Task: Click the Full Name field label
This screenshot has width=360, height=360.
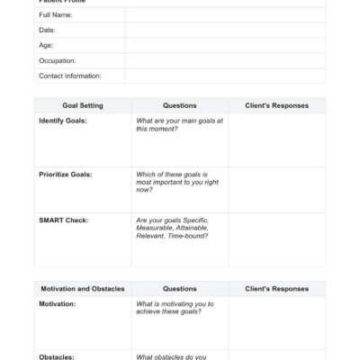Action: [56, 15]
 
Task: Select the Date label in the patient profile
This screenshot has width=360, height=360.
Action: [47, 30]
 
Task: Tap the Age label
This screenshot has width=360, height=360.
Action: [46, 45]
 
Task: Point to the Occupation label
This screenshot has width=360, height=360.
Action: [58, 60]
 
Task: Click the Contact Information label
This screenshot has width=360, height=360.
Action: [70, 76]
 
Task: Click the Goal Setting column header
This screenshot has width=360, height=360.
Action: [83, 105]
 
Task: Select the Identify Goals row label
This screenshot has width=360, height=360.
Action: [63, 121]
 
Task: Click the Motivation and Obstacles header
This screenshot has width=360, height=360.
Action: [83, 289]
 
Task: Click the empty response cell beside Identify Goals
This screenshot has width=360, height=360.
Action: [276, 139]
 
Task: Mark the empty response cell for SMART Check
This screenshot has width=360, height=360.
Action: [276, 238]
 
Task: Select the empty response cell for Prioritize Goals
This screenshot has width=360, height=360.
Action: [276, 189]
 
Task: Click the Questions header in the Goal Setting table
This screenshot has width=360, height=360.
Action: [179, 105]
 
